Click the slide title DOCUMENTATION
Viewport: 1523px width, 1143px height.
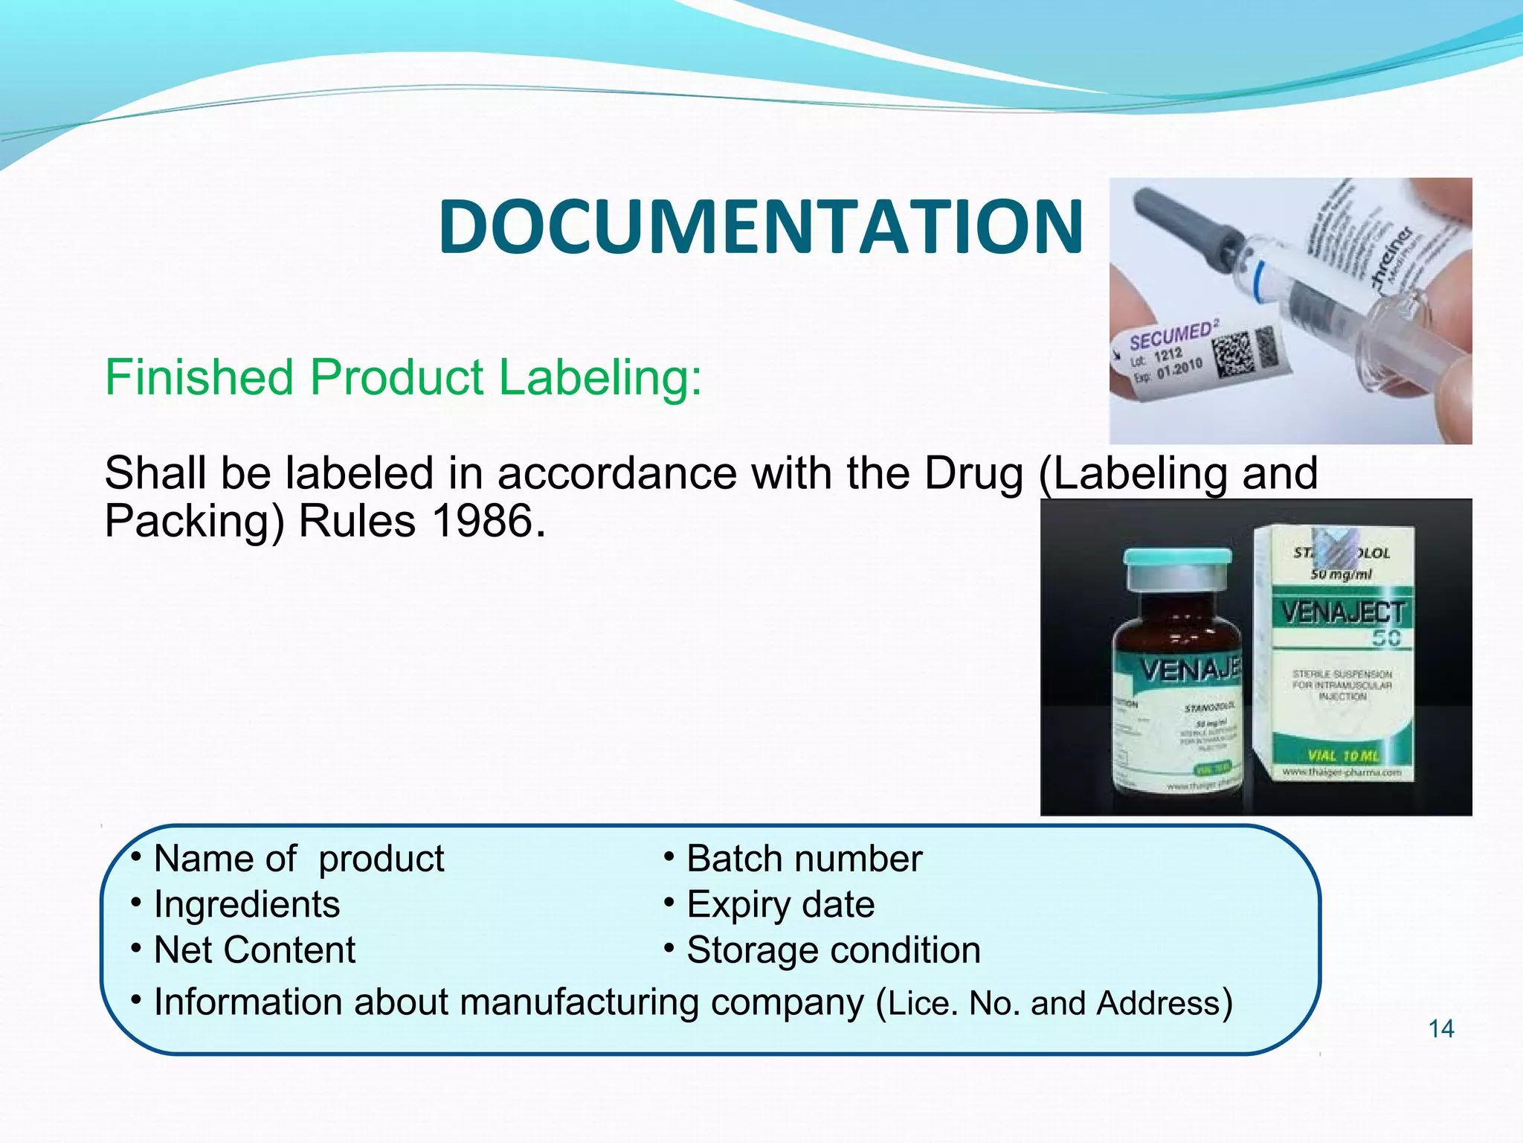pos(760,227)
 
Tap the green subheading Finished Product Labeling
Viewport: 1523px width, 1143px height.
pos(403,377)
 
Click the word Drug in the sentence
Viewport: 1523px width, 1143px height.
pos(973,473)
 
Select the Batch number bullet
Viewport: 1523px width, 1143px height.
pos(804,859)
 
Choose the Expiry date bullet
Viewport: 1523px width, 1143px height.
pos(780,904)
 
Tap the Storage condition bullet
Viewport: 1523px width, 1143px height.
pos(833,950)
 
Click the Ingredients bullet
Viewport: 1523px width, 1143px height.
pos(246,904)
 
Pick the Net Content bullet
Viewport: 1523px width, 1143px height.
pos(254,950)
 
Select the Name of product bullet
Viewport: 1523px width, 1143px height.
pos(298,859)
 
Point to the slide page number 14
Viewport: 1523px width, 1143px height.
pos(1441,1028)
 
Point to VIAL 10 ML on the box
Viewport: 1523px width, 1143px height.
pos(1343,756)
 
